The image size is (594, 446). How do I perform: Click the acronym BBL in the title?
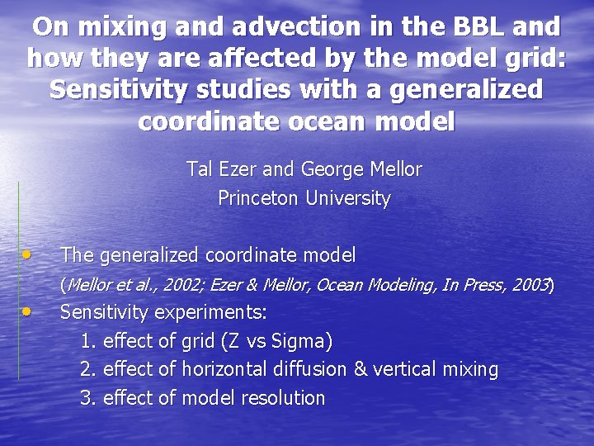click(x=472, y=27)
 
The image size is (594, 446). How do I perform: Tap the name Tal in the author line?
click(x=200, y=170)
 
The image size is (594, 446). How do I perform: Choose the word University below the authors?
click(x=347, y=199)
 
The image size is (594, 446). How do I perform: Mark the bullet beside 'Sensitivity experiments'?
click(x=28, y=311)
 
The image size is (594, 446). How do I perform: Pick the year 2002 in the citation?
click(x=182, y=286)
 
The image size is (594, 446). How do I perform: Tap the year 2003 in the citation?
click(x=530, y=286)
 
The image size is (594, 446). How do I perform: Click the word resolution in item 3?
click(x=283, y=398)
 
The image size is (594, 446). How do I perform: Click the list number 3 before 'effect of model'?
click(x=86, y=398)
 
